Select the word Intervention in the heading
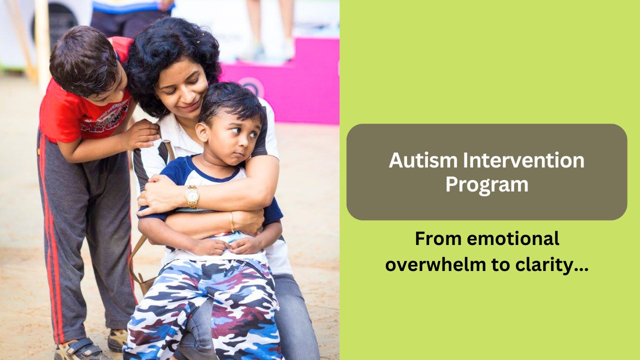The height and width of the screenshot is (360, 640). tap(523, 160)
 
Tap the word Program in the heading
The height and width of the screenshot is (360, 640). tap(487, 185)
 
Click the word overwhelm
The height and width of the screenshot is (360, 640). tap(435, 264)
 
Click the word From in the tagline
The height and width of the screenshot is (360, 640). tap(438, 239)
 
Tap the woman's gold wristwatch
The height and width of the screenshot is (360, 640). tap(192, 196)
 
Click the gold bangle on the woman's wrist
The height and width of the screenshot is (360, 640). tap(231, 222)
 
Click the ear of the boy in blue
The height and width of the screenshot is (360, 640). tap(201, 132)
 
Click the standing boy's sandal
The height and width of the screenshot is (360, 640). tap(80, 349)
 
